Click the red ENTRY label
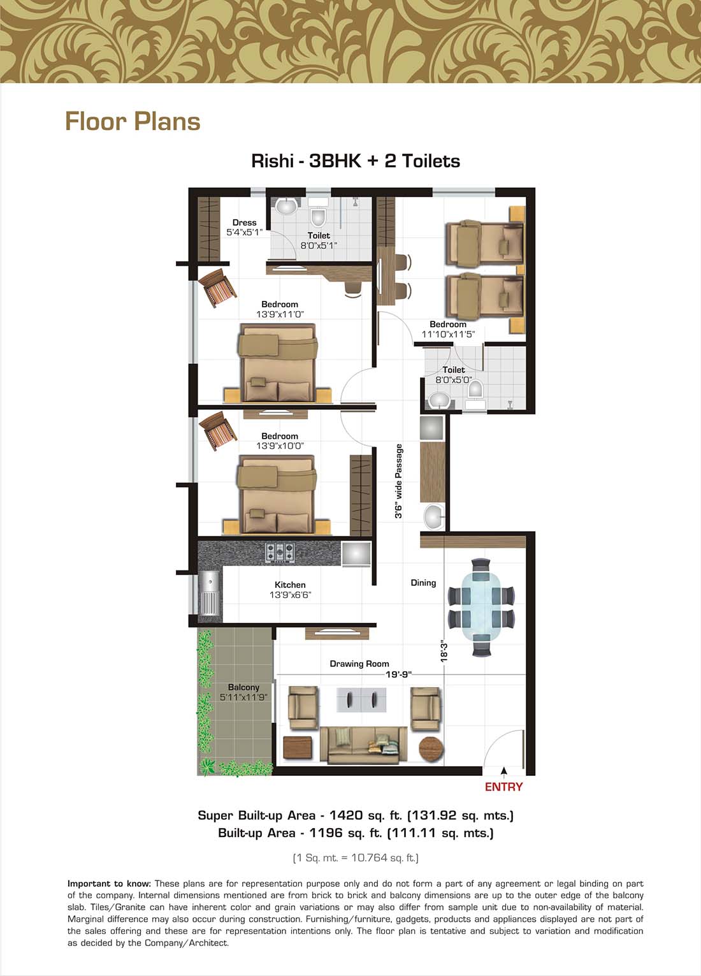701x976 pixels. [503, 787]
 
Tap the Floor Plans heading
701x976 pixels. [133, 121]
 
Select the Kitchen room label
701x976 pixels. [290, 585]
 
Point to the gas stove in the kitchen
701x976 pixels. [280, 552]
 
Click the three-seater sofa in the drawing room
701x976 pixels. [363, 745]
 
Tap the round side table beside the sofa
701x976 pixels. [430, 748]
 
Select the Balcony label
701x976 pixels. [243, 687]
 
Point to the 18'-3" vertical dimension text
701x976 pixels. [444, 651]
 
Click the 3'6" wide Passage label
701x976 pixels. [398, 481]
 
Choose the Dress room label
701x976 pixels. [245, 222]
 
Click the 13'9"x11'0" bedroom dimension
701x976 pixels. [280, 314]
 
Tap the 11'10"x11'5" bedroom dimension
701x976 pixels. [448, 334]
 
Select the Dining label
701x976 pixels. [423, 583]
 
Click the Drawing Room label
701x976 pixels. [359, 664]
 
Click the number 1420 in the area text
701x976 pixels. [346, 815]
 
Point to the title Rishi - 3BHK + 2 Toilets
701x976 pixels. [356, 161]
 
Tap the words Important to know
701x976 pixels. [109, 884]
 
